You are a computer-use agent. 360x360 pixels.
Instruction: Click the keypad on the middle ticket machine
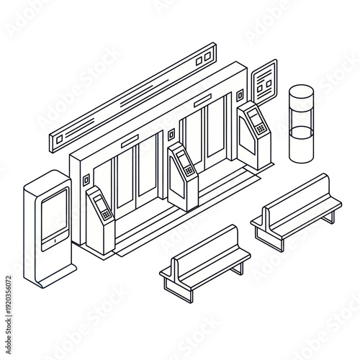pos(189,171)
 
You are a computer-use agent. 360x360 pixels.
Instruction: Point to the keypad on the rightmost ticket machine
pos(260,129)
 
